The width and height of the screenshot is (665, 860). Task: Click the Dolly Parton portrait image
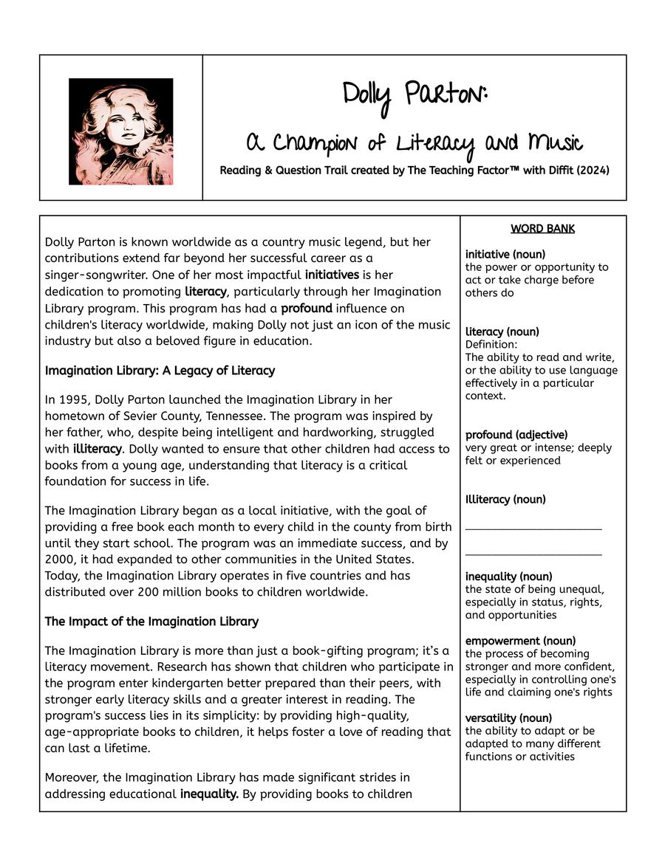pos(120,131)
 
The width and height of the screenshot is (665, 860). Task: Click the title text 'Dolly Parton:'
pos(415,97)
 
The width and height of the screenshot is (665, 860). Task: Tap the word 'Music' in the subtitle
pos(554,142)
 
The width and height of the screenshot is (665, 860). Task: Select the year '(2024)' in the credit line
pos(593,171)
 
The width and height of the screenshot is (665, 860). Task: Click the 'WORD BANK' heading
pos(542,229)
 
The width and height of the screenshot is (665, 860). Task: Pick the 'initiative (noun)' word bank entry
pos(505,255)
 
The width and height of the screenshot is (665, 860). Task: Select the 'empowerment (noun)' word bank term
pos(520,641)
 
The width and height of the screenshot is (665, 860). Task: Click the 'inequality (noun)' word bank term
pos(508,577)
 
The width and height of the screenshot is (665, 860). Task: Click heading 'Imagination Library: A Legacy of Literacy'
pos(160,371)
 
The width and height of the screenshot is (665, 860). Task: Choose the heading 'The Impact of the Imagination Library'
pos(151,622)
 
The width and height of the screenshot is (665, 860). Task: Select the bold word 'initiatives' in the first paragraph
pos(332,275)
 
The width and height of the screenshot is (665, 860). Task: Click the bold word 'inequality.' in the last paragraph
pos(209,794)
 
